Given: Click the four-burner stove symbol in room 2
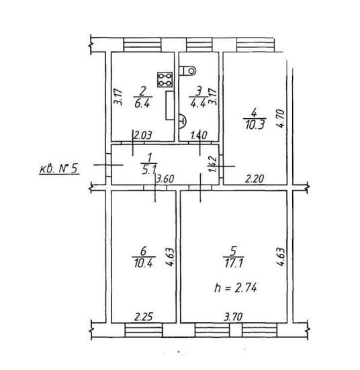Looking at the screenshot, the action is pos(165,79).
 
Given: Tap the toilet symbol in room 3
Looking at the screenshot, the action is pos(187,71).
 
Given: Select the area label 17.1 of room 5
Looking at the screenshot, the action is pos(234,263).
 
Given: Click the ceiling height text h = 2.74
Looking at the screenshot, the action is pos(235,288).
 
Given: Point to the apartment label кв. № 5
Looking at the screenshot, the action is pos(59,169).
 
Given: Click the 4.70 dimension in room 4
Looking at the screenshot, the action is pos(281,119).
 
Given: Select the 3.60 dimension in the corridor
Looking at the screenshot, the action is pos(165,179).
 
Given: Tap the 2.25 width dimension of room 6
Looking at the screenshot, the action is pos(144,317).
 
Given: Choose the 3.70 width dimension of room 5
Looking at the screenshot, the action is pos(233,317).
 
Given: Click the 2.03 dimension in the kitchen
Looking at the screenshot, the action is pos(143,136).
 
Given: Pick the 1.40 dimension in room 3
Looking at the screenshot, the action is pos(199,136).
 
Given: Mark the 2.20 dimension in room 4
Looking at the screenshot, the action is pos(255,179).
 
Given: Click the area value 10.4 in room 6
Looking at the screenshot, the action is pos(144,263).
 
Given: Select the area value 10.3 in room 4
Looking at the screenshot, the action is pos(255,125).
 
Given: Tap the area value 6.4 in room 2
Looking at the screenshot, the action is pos(142,103).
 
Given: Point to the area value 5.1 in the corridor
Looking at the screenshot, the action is pos(148,170).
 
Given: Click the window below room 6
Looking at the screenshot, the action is pos(144,330).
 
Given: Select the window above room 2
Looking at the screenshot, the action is pos(142,45).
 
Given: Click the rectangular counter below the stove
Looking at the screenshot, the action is pos(170,105).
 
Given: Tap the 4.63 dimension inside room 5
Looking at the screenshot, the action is pos(281,257).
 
